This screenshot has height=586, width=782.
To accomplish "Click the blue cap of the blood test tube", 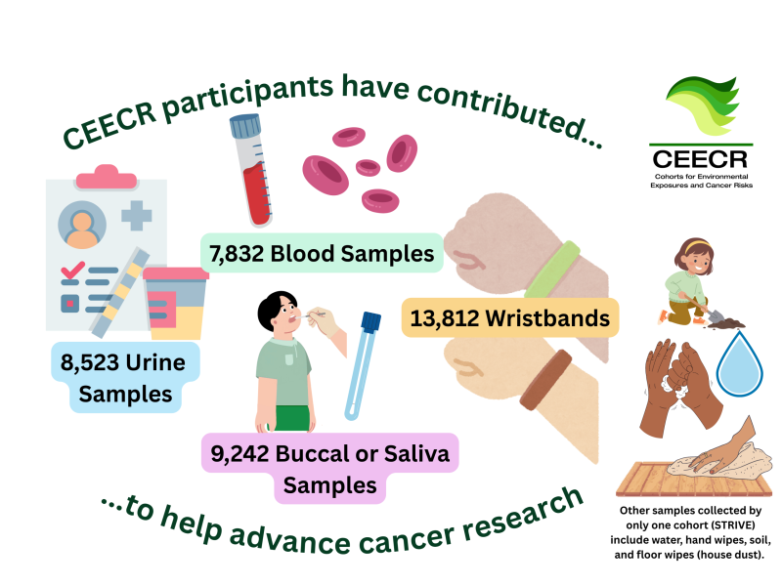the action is click(245, 126).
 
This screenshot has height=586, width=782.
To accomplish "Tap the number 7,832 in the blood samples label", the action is click(237, 254).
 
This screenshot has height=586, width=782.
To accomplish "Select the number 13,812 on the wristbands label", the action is click(445, 318).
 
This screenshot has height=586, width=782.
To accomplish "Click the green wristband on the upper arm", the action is click(552, 271).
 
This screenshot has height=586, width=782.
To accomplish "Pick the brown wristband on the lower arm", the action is click(546, 380).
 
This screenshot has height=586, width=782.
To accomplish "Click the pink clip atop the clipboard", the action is click(107, 177).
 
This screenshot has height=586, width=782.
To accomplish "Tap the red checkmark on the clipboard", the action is click(72, 270).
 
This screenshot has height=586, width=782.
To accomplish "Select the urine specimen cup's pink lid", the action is click(176, 273).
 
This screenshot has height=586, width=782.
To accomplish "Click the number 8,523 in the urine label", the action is click(89, 362).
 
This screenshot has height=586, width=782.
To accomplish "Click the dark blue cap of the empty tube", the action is click(371, 322).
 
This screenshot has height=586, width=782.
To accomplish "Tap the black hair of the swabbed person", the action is click(275, 309).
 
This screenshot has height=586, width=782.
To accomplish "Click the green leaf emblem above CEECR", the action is click(703, 105).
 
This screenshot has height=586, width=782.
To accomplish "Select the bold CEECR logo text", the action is click(700, 159).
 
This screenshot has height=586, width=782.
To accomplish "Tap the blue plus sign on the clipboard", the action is click(137, 216).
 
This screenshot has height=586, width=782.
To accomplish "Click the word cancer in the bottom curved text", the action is click(407, 538).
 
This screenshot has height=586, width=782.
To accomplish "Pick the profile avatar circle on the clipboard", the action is click(82, 225).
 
